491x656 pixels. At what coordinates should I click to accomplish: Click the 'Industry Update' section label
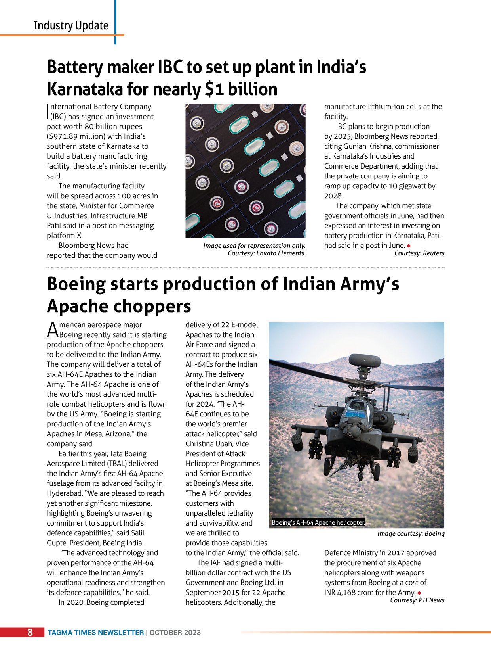(71, 25)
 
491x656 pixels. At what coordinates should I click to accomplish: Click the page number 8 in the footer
(30, 632)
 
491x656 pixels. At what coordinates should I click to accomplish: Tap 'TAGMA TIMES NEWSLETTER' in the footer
(96, 633)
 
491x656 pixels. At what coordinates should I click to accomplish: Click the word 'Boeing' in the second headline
(76, 284)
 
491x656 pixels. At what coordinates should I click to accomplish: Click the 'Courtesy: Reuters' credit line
(419, 253)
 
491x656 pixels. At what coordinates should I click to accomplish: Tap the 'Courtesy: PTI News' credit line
(417, 600)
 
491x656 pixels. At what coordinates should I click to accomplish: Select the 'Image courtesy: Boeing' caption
(411, 533)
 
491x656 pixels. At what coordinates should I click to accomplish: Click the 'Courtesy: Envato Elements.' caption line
(266, 253)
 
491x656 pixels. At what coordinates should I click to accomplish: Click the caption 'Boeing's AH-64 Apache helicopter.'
(318, 522)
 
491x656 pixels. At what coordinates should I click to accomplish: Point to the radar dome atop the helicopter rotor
(365, 360)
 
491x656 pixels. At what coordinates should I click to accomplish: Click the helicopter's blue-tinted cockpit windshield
(355, 414)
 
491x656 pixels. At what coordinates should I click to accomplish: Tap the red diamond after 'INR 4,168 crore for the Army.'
(419, 593)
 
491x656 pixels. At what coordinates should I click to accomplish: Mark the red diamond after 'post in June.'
(409, 246)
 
